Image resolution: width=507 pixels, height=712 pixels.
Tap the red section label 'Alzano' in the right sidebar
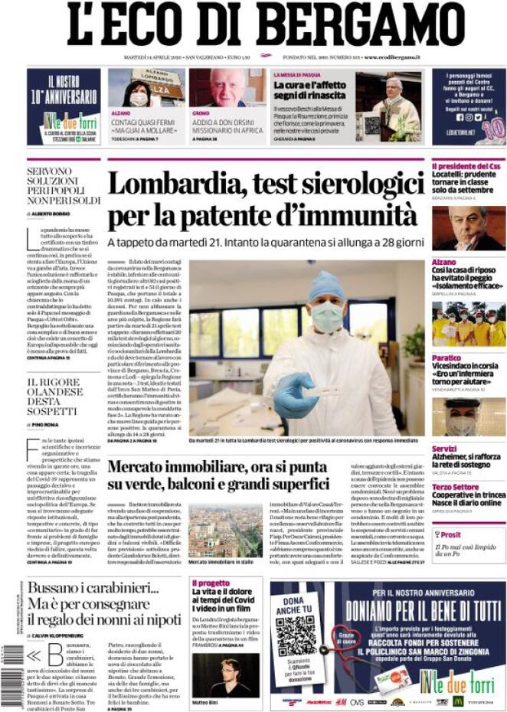[x=445, y=262]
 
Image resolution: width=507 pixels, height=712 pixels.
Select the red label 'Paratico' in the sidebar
[x=446, y=358]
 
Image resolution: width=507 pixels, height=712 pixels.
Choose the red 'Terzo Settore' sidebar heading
[x=455, y=486]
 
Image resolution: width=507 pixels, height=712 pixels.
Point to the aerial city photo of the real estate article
[x=227, y=530]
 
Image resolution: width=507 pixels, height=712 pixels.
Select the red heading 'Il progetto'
[x=210, y=582]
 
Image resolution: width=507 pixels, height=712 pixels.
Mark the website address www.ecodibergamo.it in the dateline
[x=394, y=57]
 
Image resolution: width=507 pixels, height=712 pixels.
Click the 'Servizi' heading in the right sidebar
[x=444, y=449]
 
